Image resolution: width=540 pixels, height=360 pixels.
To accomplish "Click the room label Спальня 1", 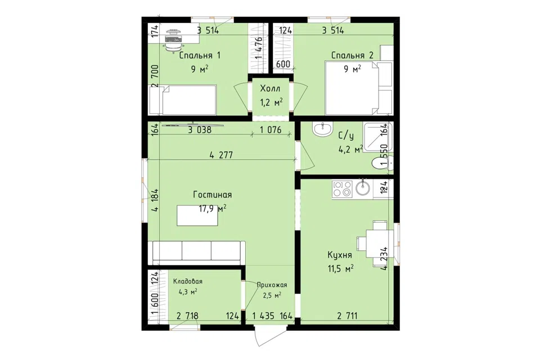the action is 200,56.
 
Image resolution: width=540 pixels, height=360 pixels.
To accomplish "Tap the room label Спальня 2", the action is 352,56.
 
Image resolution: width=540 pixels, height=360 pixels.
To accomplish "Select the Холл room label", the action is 271,88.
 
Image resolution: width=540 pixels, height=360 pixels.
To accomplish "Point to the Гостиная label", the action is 212,195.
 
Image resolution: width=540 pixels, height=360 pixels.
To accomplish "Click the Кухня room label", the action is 340,255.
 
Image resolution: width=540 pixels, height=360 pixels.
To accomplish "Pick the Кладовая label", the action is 188,281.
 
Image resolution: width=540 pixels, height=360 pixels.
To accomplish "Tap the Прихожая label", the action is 272,285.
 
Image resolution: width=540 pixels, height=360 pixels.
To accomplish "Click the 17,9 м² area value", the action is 213,209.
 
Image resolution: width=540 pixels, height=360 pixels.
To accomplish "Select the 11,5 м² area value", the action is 340,268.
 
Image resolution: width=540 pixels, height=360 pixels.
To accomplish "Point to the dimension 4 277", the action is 221,155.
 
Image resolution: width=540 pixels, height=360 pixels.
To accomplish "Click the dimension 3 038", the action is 200,130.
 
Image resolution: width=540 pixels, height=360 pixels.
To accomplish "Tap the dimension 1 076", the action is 271,130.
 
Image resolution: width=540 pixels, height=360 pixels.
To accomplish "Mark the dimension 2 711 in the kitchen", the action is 347,316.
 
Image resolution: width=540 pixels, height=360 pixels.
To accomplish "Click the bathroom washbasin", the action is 322,130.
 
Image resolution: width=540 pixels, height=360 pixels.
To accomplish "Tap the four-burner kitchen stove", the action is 341,189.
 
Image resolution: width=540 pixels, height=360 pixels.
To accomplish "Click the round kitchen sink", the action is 363,188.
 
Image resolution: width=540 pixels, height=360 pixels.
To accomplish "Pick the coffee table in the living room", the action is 197,215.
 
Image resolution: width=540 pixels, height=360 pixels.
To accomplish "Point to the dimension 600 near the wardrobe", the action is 283,64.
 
